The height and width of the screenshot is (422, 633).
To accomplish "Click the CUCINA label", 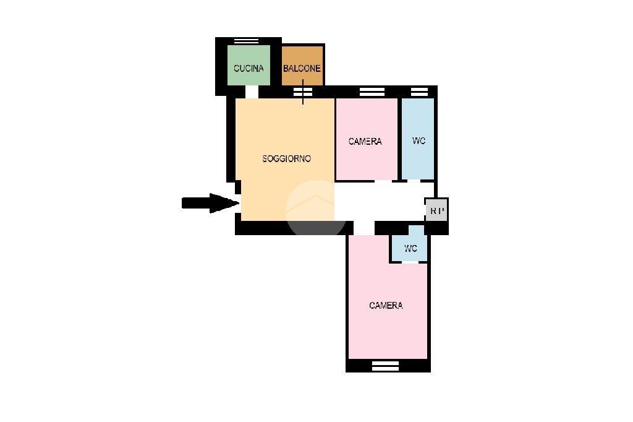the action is [x=249, y=68].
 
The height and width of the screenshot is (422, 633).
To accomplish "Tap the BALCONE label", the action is [x=302, y=68].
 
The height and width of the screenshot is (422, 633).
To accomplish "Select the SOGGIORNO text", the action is [x=287, y=159].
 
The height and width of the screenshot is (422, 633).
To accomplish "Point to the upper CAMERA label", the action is [x=365, y=142].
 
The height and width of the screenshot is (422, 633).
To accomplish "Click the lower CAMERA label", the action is [x=386, y=305].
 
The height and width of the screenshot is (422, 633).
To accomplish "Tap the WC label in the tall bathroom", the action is [x=418, y=140].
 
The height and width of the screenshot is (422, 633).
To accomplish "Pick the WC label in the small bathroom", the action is [x=410, y=248].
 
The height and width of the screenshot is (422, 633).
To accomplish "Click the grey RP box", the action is [x=436, y=210].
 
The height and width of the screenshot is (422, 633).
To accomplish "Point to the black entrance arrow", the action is [x=211, y=203].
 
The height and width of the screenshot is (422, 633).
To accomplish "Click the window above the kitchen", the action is [x=246, y=41].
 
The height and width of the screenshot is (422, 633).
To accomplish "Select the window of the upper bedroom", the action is [x=372, y=92].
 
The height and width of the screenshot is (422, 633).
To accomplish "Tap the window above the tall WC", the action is [x=419, y=92].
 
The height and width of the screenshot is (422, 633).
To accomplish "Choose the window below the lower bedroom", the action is [x=385, y=366].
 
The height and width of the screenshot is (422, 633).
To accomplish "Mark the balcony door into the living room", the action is [x=303, y=92].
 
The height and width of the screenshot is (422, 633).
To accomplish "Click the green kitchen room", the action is [x=249, y=65].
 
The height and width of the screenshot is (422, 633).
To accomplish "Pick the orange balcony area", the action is [x=302, y=66].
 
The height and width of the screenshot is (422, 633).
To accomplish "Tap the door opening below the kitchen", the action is [x=252, y=92].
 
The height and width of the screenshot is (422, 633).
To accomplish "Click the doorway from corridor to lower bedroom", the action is [x=364, y=228].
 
